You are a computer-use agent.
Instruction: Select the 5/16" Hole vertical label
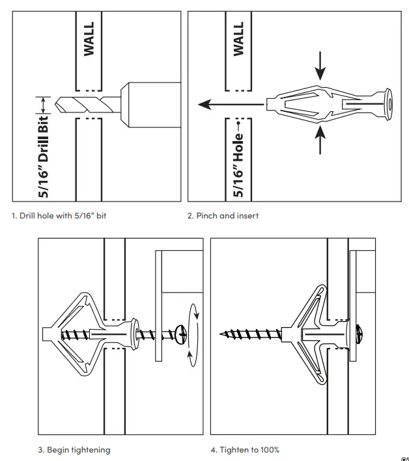click(x=238, y=159)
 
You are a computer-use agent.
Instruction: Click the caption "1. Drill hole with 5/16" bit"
click(x=59, y=215)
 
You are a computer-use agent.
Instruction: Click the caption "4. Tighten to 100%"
click(x=245, y=449)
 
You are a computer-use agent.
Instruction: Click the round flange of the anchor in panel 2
click(x=389, y=102)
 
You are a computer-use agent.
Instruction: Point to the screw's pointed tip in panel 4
click(x=222, y=336)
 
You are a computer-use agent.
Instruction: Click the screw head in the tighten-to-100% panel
click(x=360, y=336)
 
